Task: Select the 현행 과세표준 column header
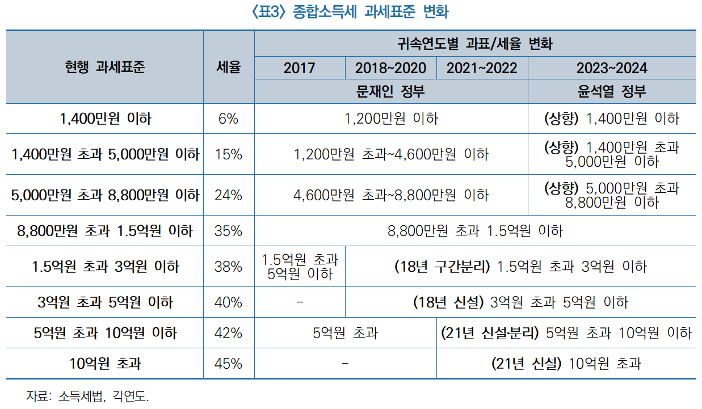coord(105,67)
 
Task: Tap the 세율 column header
coord(229,67)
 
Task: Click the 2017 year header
coord(299,68)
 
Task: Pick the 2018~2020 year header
coord(390,68)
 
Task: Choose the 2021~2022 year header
coord(482,68)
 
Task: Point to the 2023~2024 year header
coord(611,68)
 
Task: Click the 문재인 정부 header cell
coord(390,91)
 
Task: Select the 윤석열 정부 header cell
coord(611,91)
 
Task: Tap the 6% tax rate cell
coord(228,119)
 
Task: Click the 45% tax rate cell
coord(228,363)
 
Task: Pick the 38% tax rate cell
coord(228,266)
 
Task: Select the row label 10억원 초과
coord(105,363)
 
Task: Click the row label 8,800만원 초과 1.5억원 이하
coord(105,231)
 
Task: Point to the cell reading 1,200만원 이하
coord(391,119)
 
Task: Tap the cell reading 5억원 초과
coord(345,333)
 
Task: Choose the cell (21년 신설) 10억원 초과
coord(566,363)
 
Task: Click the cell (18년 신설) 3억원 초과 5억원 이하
coord(520,302)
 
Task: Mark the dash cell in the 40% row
coord(300,302)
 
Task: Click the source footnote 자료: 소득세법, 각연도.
coord(88,396)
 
